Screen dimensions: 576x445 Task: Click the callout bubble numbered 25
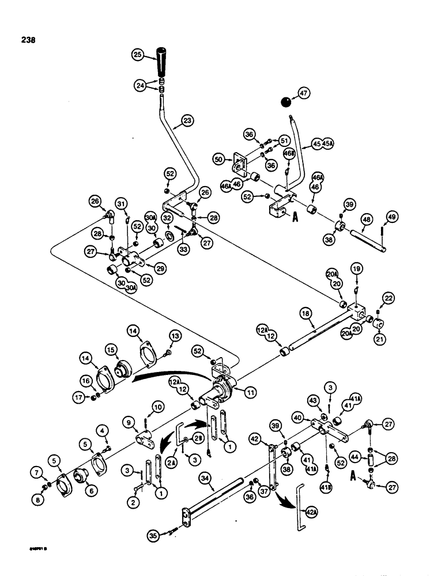coord(138,56)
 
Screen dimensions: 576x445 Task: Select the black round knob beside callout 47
coord(286,102)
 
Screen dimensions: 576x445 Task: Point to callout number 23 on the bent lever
coord(187,120)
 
